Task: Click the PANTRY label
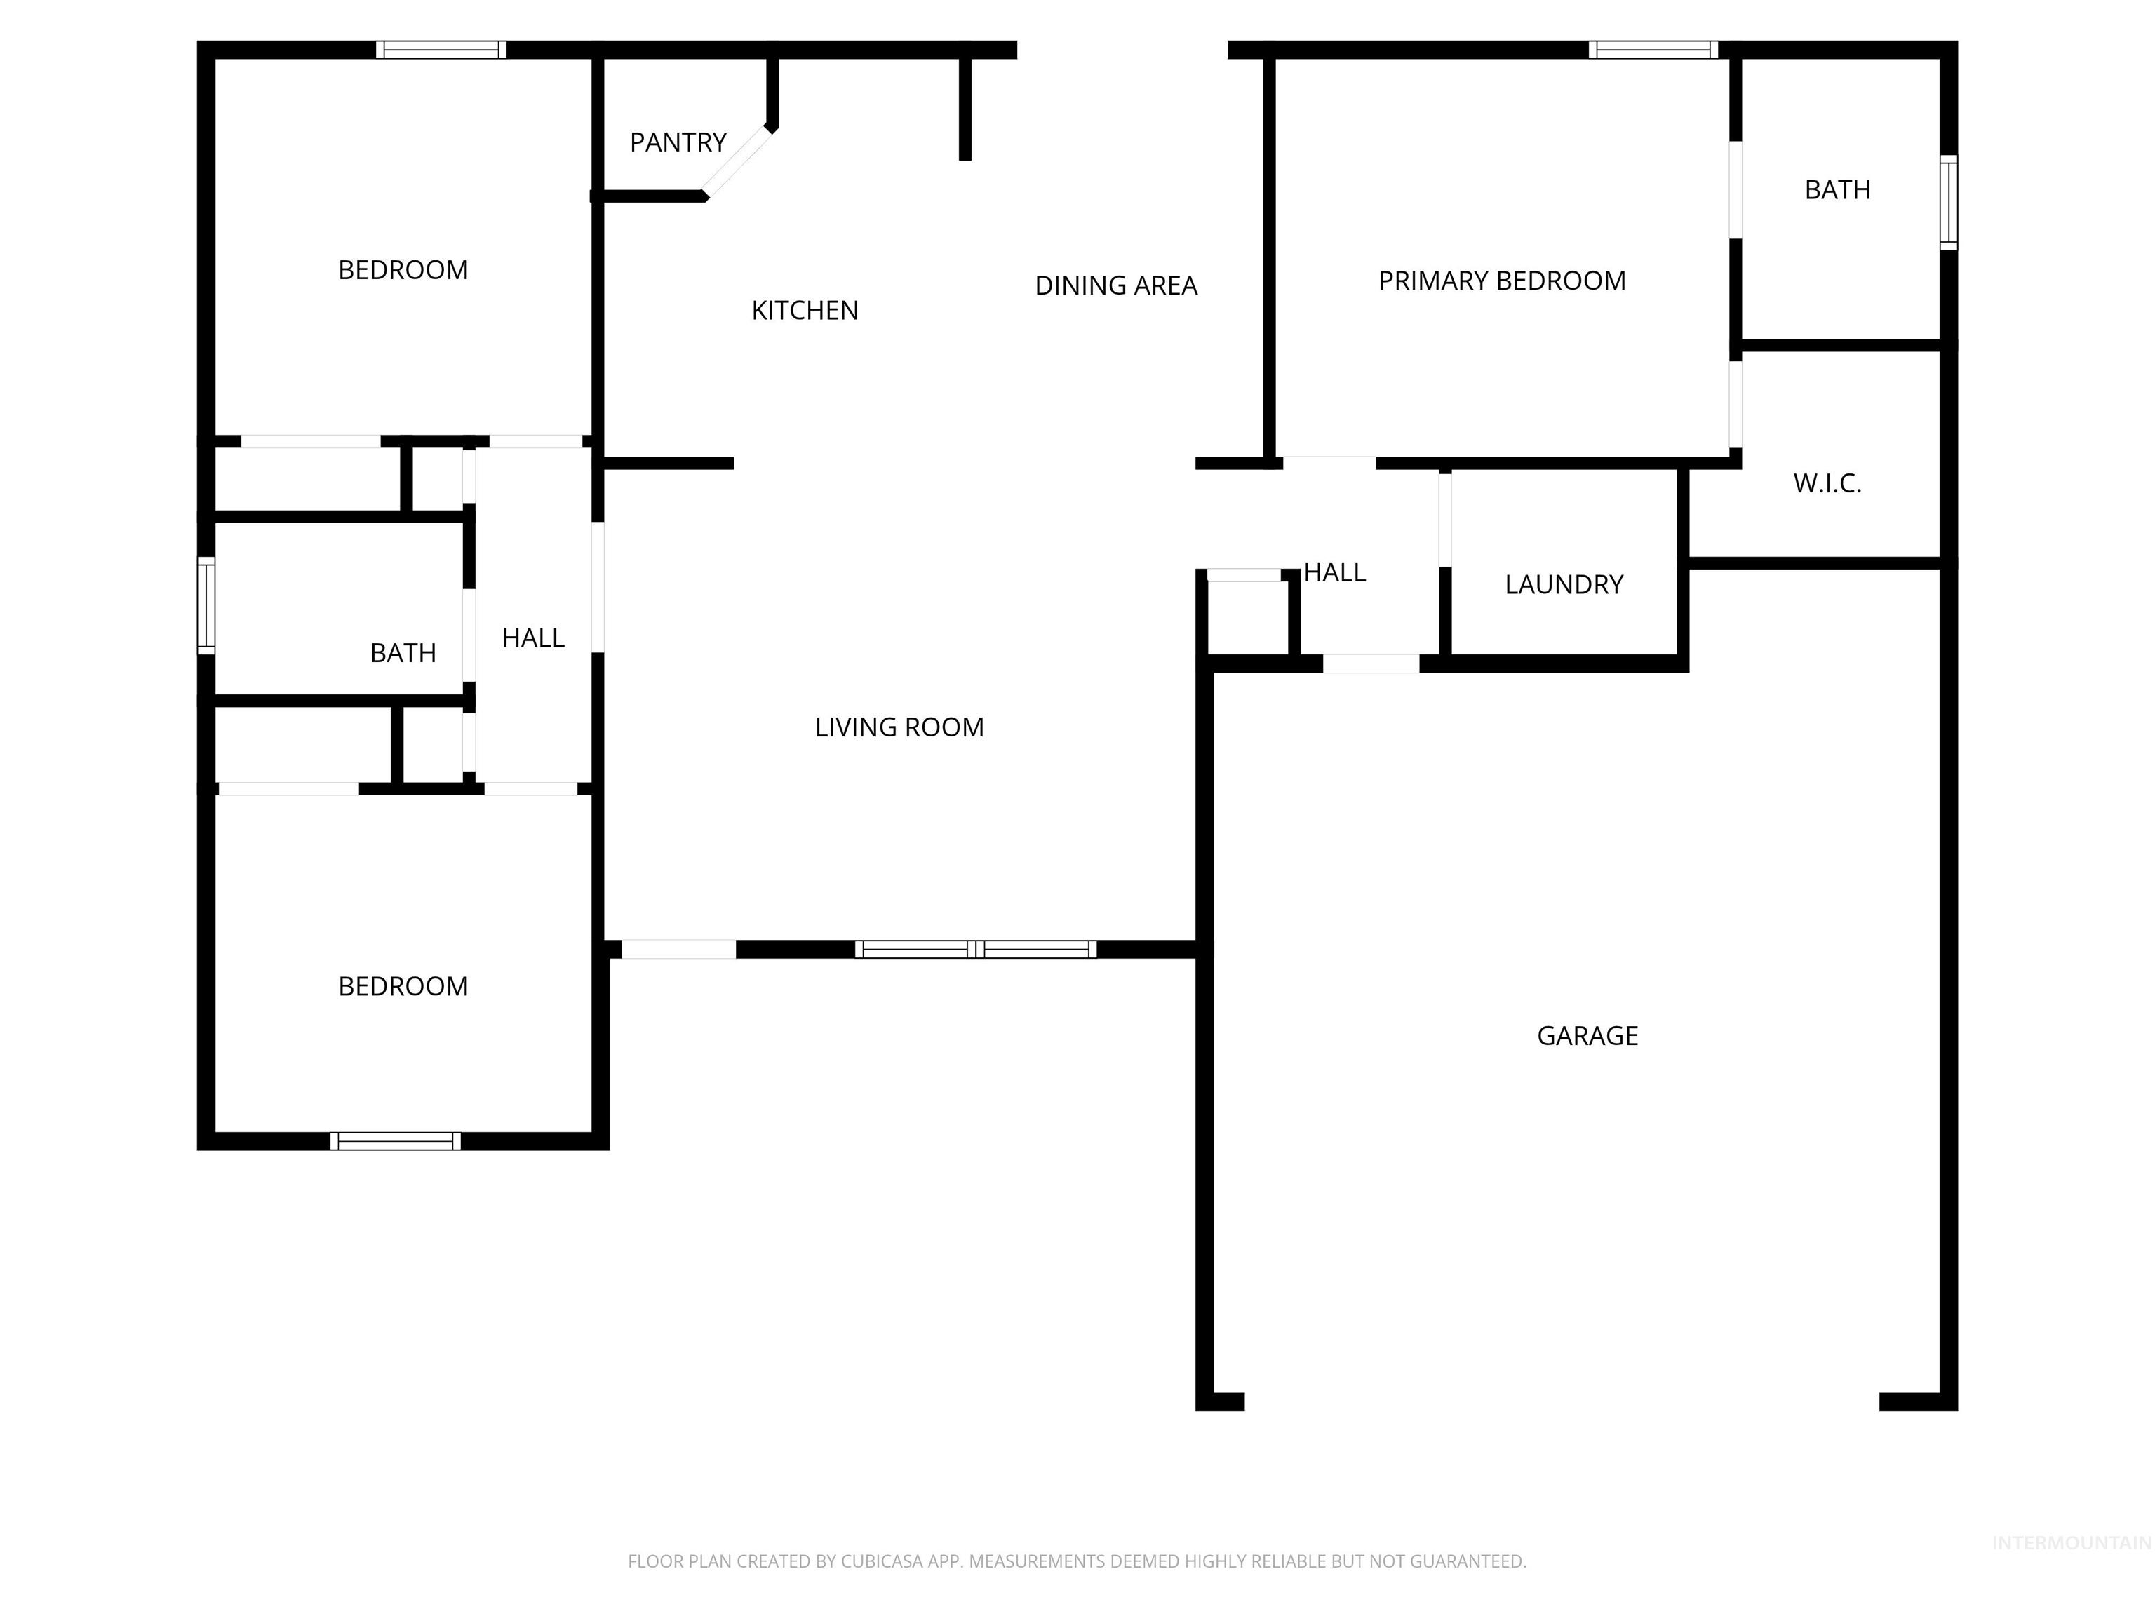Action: (x=678, y=142)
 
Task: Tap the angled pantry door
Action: (x=737, y=162)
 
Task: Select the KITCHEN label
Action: (x=805, y=311)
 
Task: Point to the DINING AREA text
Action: (x=1115, y=285)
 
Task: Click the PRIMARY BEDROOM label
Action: (x=1501, y=281)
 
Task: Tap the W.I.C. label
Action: (x=1827, y=483)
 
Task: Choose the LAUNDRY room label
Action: (x=1564, y=584)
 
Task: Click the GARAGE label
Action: (x=1587, y=1035)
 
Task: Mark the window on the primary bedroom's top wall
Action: (x=1653, y=50)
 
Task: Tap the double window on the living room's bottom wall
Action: (x=975, y=949)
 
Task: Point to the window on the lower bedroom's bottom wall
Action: (x=396, y=1140)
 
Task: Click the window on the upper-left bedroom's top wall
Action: (x=441, y=50)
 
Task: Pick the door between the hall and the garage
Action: (x=1371, y=664)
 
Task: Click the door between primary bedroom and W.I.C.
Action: (x=1735, y=404)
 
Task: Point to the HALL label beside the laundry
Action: (x=1335, y=573)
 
